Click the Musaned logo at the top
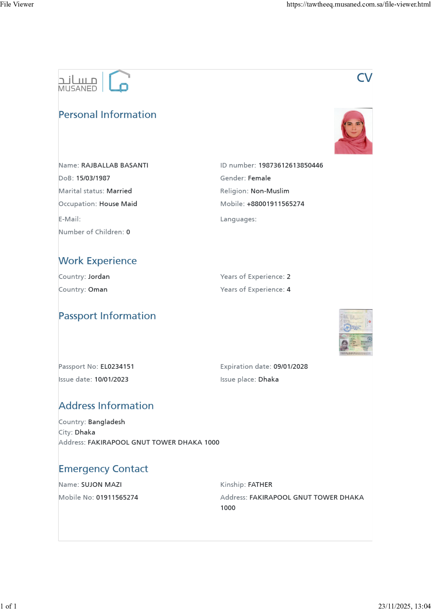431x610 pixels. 94,82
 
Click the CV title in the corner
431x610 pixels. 364,78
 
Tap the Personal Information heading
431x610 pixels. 107,115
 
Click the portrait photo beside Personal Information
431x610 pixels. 353,131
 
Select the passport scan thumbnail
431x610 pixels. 356,333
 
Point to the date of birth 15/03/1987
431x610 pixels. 93,178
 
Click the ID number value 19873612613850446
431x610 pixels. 291,166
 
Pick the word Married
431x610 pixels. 119,191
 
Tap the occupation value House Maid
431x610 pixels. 118,204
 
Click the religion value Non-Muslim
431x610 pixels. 270,191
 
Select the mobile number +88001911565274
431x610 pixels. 276,204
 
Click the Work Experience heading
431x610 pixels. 98,261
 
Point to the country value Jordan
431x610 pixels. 99,277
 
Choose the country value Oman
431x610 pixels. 98,289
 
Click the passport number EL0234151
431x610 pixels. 117,367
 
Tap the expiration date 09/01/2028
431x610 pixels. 291,367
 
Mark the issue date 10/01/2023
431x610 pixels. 111,380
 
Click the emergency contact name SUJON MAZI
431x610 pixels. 101,485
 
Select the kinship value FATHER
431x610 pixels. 260,485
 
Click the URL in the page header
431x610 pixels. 358,4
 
